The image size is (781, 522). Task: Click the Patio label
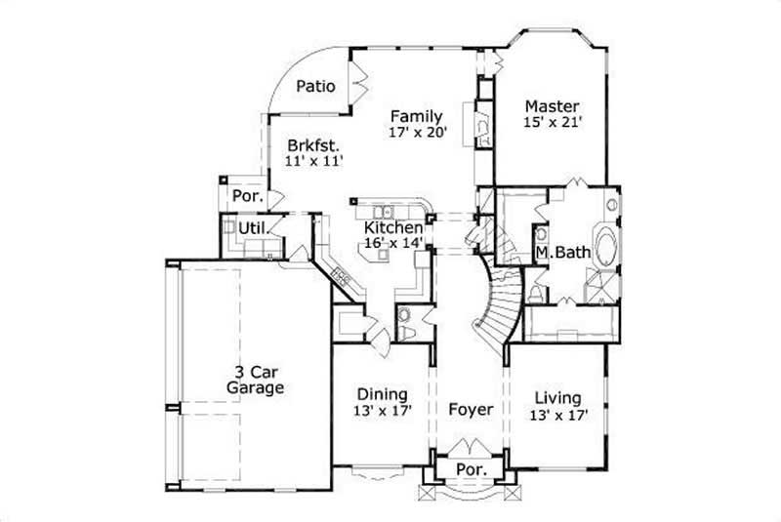[x=316, y=87]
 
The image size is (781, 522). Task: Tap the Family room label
[x=417, y=115]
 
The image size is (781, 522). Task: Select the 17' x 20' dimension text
[x=417, y=132]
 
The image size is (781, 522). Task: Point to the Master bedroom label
[x=552, y=106]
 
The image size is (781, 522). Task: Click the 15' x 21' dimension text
[x=552, y=124]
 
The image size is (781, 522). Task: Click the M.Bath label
[x=562, y=253]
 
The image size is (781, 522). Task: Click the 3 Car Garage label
[x=255, y=380]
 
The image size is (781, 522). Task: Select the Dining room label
[x=381, y=395]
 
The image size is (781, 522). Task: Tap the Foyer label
[x=470, y=410]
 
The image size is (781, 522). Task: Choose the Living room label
[x=558, y=398]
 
